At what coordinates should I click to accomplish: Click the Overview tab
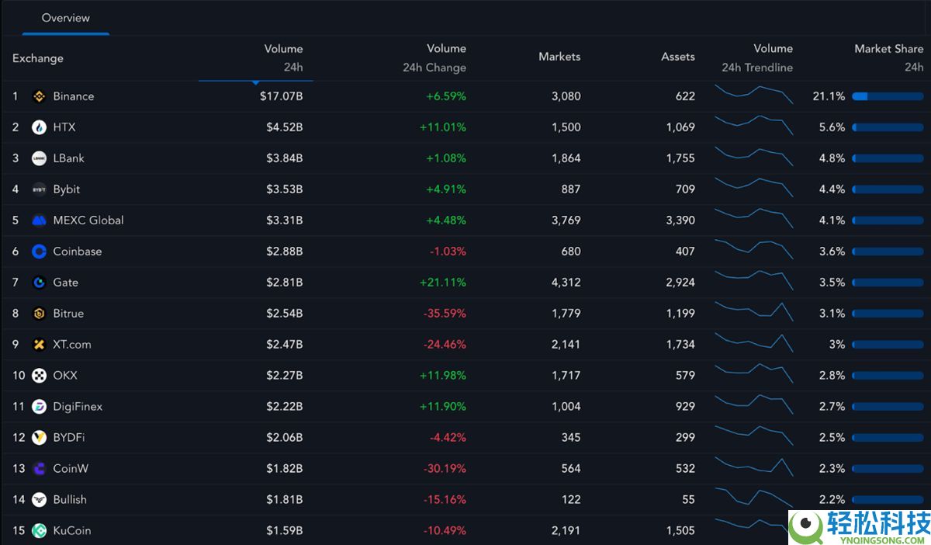click(65, 18)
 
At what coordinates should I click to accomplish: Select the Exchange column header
click(38, 58)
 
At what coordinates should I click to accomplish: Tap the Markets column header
click(559, 57)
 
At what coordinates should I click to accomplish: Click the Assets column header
click(677, 57)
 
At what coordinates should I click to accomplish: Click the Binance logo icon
click(39, 96)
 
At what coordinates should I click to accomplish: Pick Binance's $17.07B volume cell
click(281, 96)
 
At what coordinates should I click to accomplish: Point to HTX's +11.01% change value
click(442, 127)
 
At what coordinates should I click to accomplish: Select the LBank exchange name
click(68, 158)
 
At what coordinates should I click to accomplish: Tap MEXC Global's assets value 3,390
click(680, 220)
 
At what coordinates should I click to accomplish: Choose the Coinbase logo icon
click(39, 252)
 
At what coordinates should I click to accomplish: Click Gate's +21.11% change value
click(442, 283)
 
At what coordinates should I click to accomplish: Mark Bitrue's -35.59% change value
click(445, 314)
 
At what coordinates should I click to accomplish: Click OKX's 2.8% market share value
click(832, 376)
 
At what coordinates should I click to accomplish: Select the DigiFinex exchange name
click(78, 407)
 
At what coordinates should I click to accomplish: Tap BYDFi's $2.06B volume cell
click(283, 438)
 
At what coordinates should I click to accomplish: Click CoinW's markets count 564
click(570, 469)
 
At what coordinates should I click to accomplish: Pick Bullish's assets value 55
click(688, 500)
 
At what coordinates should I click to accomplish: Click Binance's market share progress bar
click(888, 96)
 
